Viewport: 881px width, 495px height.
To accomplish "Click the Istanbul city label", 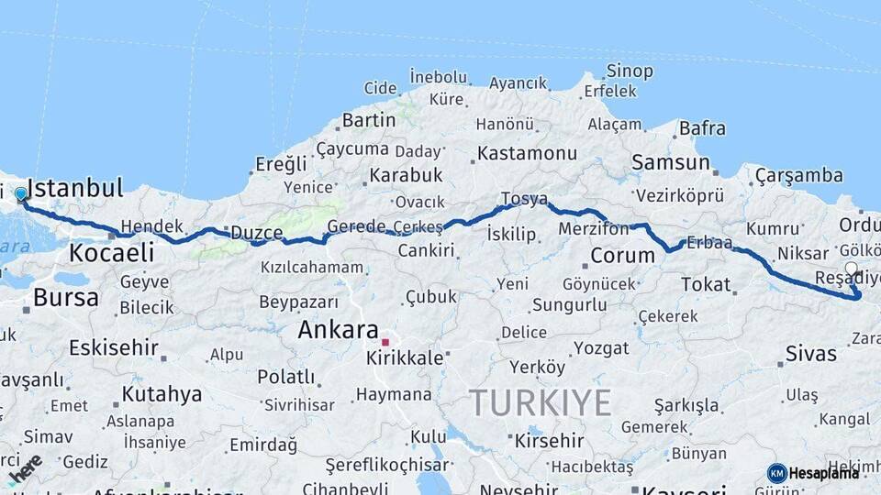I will click(x=75, y=189).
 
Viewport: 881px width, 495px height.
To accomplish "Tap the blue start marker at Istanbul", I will click(x=20, y=194).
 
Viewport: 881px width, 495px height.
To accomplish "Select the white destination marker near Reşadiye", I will click(x=851, y=269).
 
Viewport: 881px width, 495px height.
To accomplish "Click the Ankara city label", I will click(x=338, y=329).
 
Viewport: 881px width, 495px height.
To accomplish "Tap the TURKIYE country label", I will click(x=540, y=402).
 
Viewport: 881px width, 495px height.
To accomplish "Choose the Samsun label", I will click(x=670, y=163).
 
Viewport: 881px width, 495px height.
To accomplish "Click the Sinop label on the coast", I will click(x=630, y=71).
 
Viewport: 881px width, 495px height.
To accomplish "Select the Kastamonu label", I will click(x=527, y=153).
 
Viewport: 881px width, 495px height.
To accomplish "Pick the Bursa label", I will click(x=65, y=297).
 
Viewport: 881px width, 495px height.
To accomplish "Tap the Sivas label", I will click(x=811, y=353).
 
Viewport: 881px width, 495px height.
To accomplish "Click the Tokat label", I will click(x=705, y=284).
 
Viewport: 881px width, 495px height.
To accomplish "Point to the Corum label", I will click(x=622, y=256).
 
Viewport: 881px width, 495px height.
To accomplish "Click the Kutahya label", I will click(x=162, y=394).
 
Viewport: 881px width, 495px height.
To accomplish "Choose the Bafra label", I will click(x=702, y=128).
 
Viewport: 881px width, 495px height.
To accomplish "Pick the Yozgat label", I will click(x=601, y=347).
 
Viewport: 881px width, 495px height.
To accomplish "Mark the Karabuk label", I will click(x=406, y=174).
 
